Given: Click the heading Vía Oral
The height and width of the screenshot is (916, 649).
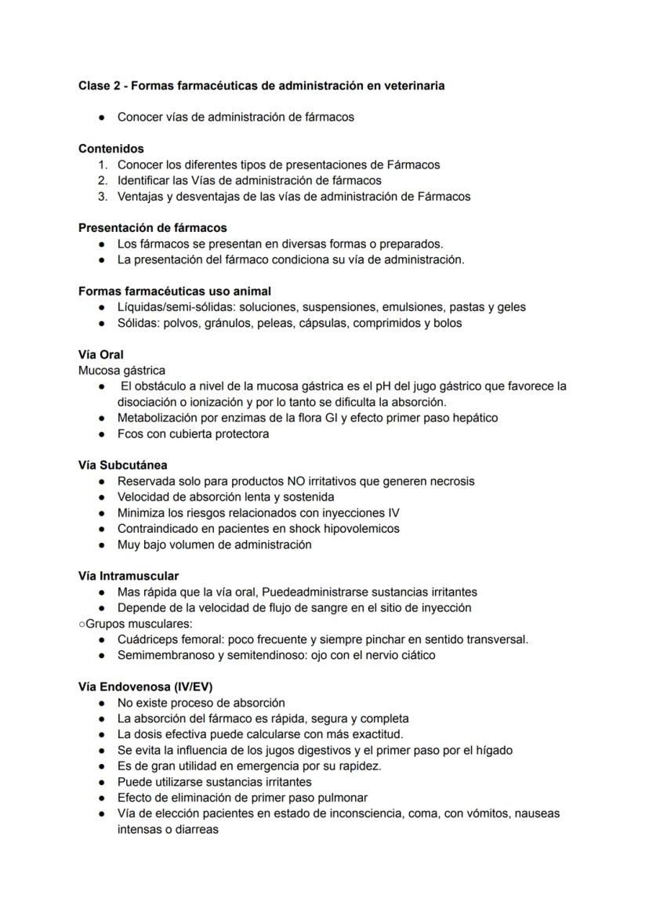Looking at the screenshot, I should coord(101,354).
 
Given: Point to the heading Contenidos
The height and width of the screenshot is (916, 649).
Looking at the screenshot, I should coord(111,148).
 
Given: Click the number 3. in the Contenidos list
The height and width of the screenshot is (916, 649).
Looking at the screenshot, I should coord(102,196).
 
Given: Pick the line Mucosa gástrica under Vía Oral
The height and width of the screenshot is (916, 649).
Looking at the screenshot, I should coord(121,370).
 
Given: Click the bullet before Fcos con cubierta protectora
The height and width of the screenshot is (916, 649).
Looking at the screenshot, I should coord(103,433).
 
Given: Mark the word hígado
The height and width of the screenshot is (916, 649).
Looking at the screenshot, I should coord(491,750).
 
